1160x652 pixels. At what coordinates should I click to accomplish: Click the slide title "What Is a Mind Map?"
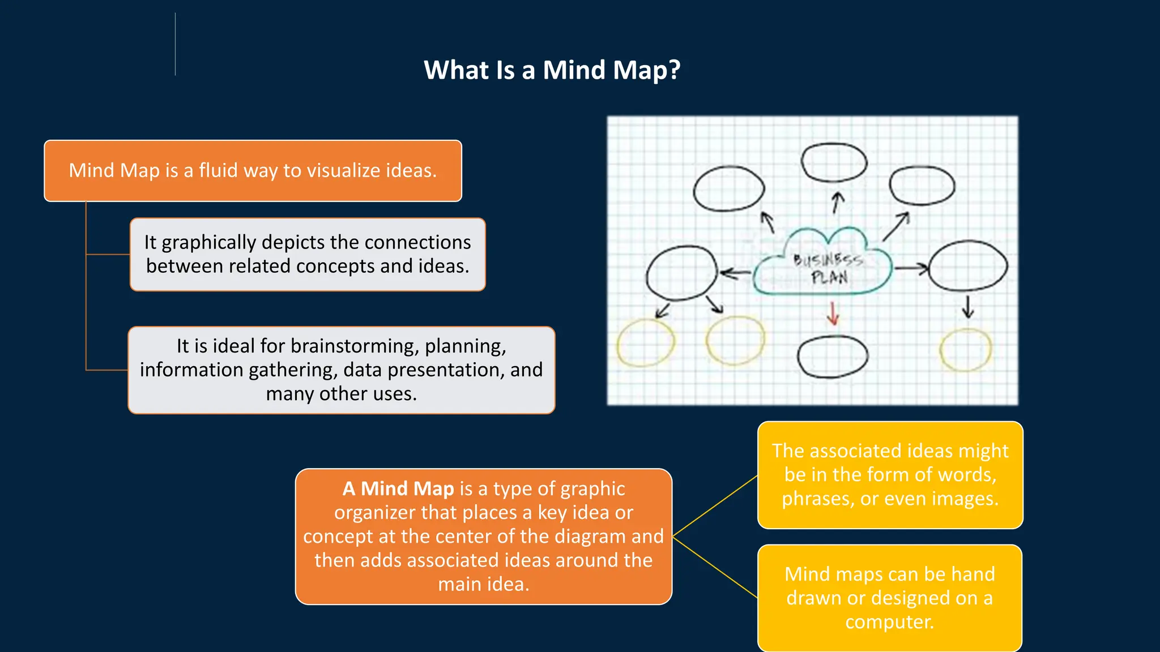click(x=552, y=70)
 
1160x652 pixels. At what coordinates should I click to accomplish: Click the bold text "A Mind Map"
click(x=398, y=488)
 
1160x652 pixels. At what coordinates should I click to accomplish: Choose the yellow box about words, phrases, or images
click(x=890, y=475)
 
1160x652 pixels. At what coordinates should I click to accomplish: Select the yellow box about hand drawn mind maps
click(x=890, y=598)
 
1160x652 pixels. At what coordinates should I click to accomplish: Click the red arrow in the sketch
click(x=833, y=313)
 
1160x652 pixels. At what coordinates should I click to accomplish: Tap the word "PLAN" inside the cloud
click(x=829, y=277)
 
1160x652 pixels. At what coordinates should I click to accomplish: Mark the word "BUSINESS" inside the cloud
click(x=828, y=260)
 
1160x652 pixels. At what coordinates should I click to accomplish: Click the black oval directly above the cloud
click(x=834, y=162)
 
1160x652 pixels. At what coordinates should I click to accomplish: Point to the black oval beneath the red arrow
click(x=833, y=357)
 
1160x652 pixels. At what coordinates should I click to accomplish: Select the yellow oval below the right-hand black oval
click(x=966, y=350)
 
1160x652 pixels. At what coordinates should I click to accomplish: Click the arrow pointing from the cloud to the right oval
click(x=911, y=268)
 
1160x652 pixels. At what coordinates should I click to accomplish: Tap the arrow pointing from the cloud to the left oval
click(x=735, y=274)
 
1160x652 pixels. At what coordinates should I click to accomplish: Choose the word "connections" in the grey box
click(x=417, y=242)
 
